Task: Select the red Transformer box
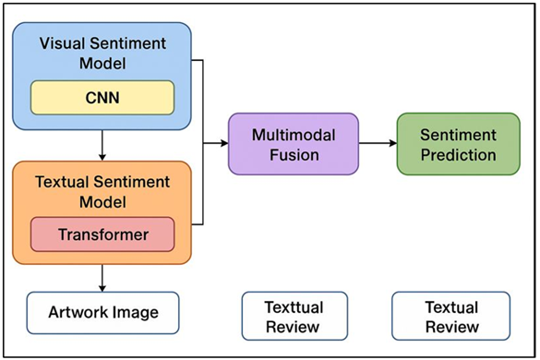pos(102,234)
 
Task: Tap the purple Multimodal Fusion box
pos(293,144)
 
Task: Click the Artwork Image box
pos(102,312)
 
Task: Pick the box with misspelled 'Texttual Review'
pos(294,316)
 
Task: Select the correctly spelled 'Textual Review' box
pos(452,316)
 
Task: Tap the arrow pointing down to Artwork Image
pos(102,279)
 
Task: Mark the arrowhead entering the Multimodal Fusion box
pos(223,144)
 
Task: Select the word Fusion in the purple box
pos(293,154)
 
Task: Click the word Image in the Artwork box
pos(135,312)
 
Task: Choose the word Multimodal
pos(293,135)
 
